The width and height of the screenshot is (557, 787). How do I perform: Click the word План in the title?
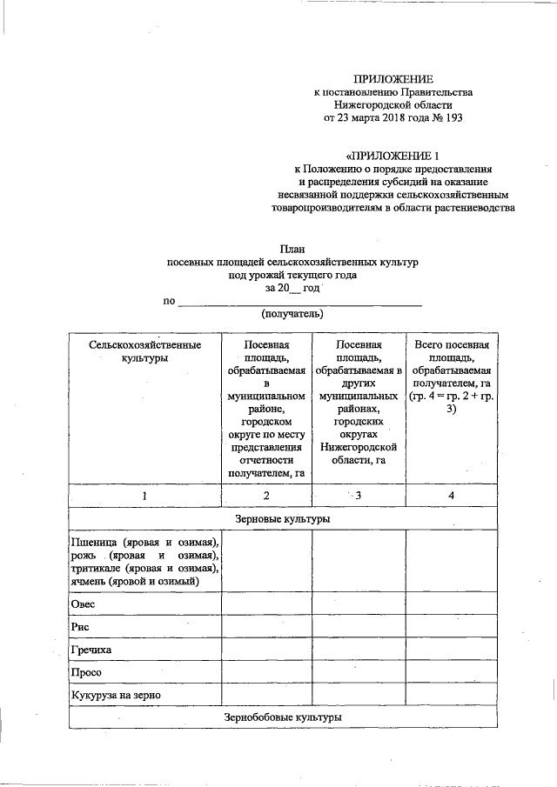[x=292, y=249]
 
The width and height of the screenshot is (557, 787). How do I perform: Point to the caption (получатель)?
[x=292, y=313]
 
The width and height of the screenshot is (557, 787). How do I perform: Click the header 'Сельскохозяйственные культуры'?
[x=144, y=352]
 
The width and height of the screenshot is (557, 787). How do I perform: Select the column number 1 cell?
[x=144, y=495]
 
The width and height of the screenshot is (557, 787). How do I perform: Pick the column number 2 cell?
[x=266, y=495]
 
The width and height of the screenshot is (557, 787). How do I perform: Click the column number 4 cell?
[x=451, y=495]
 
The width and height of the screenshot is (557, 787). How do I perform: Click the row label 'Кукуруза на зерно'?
[x=117, y=695]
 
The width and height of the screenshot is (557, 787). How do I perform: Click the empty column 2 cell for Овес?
[x=266, y=604]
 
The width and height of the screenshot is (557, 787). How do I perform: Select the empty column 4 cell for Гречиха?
[x=451, y=650]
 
